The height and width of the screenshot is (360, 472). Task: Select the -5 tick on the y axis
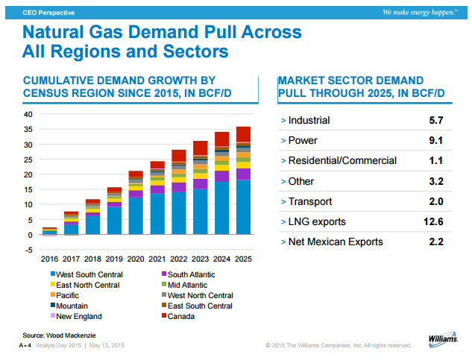[x=28, y=250]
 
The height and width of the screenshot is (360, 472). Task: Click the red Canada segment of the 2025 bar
[x=243, y=134]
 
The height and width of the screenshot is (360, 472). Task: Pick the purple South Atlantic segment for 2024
[x=221, y=176]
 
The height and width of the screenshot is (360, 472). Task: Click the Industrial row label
[x=309, y=120]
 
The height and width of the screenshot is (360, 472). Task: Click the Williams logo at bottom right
[x=444, y=339]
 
